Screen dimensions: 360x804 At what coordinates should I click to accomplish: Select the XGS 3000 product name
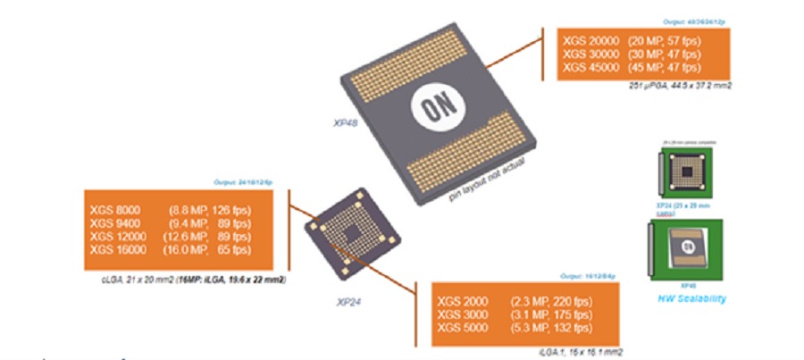pyautogui.click(x=461, y=314)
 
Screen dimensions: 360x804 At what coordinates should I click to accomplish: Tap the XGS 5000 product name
pyautogui.click(x=461, y=328)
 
